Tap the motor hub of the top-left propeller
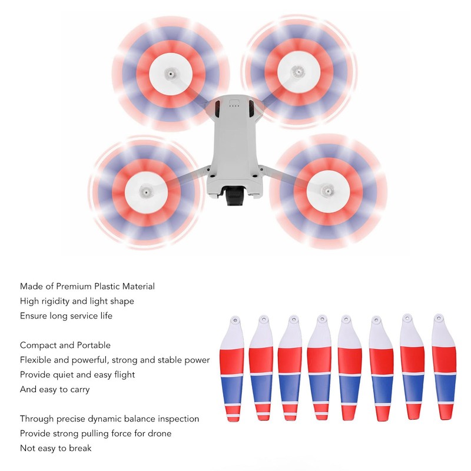pyautogui.click(x=171, y=74)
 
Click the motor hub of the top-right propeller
pyautogui.click(x=298, y=71)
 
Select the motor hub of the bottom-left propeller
pyautogui.click(x=145, y=191)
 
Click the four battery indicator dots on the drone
pyautogui.click(x=234, y=106)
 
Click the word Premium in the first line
pyautogui.click(x=74, y=286)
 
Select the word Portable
pyautogui.click(x=94, y=345)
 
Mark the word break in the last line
pyautogui.click(x=80, y=449)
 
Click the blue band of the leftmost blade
pyautogui.click(x=233, y=390)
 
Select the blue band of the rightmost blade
pyautogui.click(x=445, y=388)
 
